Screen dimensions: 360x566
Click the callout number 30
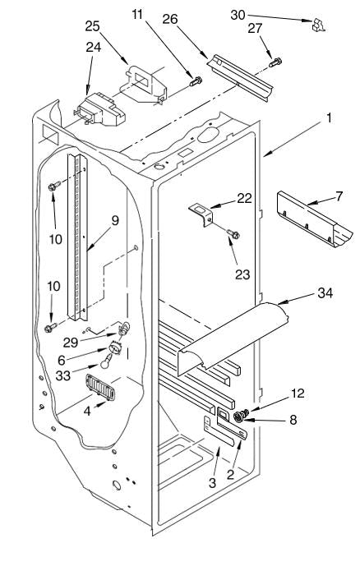[x=238, y=15]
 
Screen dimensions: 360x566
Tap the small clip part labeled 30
[x=318, y=25]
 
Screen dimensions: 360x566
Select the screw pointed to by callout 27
[x=275, y=62]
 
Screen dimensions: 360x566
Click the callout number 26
[x=170, y=19]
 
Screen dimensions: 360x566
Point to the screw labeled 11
[x=196, y=81]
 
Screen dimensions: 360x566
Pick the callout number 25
[x=93, y=26]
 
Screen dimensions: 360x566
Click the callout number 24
[x=93, y=48]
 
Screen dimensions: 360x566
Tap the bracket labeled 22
[x=201, y=215]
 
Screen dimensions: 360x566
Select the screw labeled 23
[x=233, y=235]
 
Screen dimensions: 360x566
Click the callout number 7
[x=339, y=196]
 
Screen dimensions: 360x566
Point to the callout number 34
[x=325, y=292]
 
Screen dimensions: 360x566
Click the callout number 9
[x=115, y=220]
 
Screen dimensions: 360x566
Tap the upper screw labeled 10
[x=54, y=186]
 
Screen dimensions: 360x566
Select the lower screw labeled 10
[x=51, y=328]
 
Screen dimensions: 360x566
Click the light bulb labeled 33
[x=106, y=361]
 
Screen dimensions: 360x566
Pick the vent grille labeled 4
[x=100, y=387]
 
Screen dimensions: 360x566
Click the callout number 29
[x=71, y=343]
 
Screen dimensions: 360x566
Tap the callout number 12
[x=298, y=393]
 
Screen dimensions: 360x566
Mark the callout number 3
[x=212, y=482]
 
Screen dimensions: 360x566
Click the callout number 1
[x=329, y=118]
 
